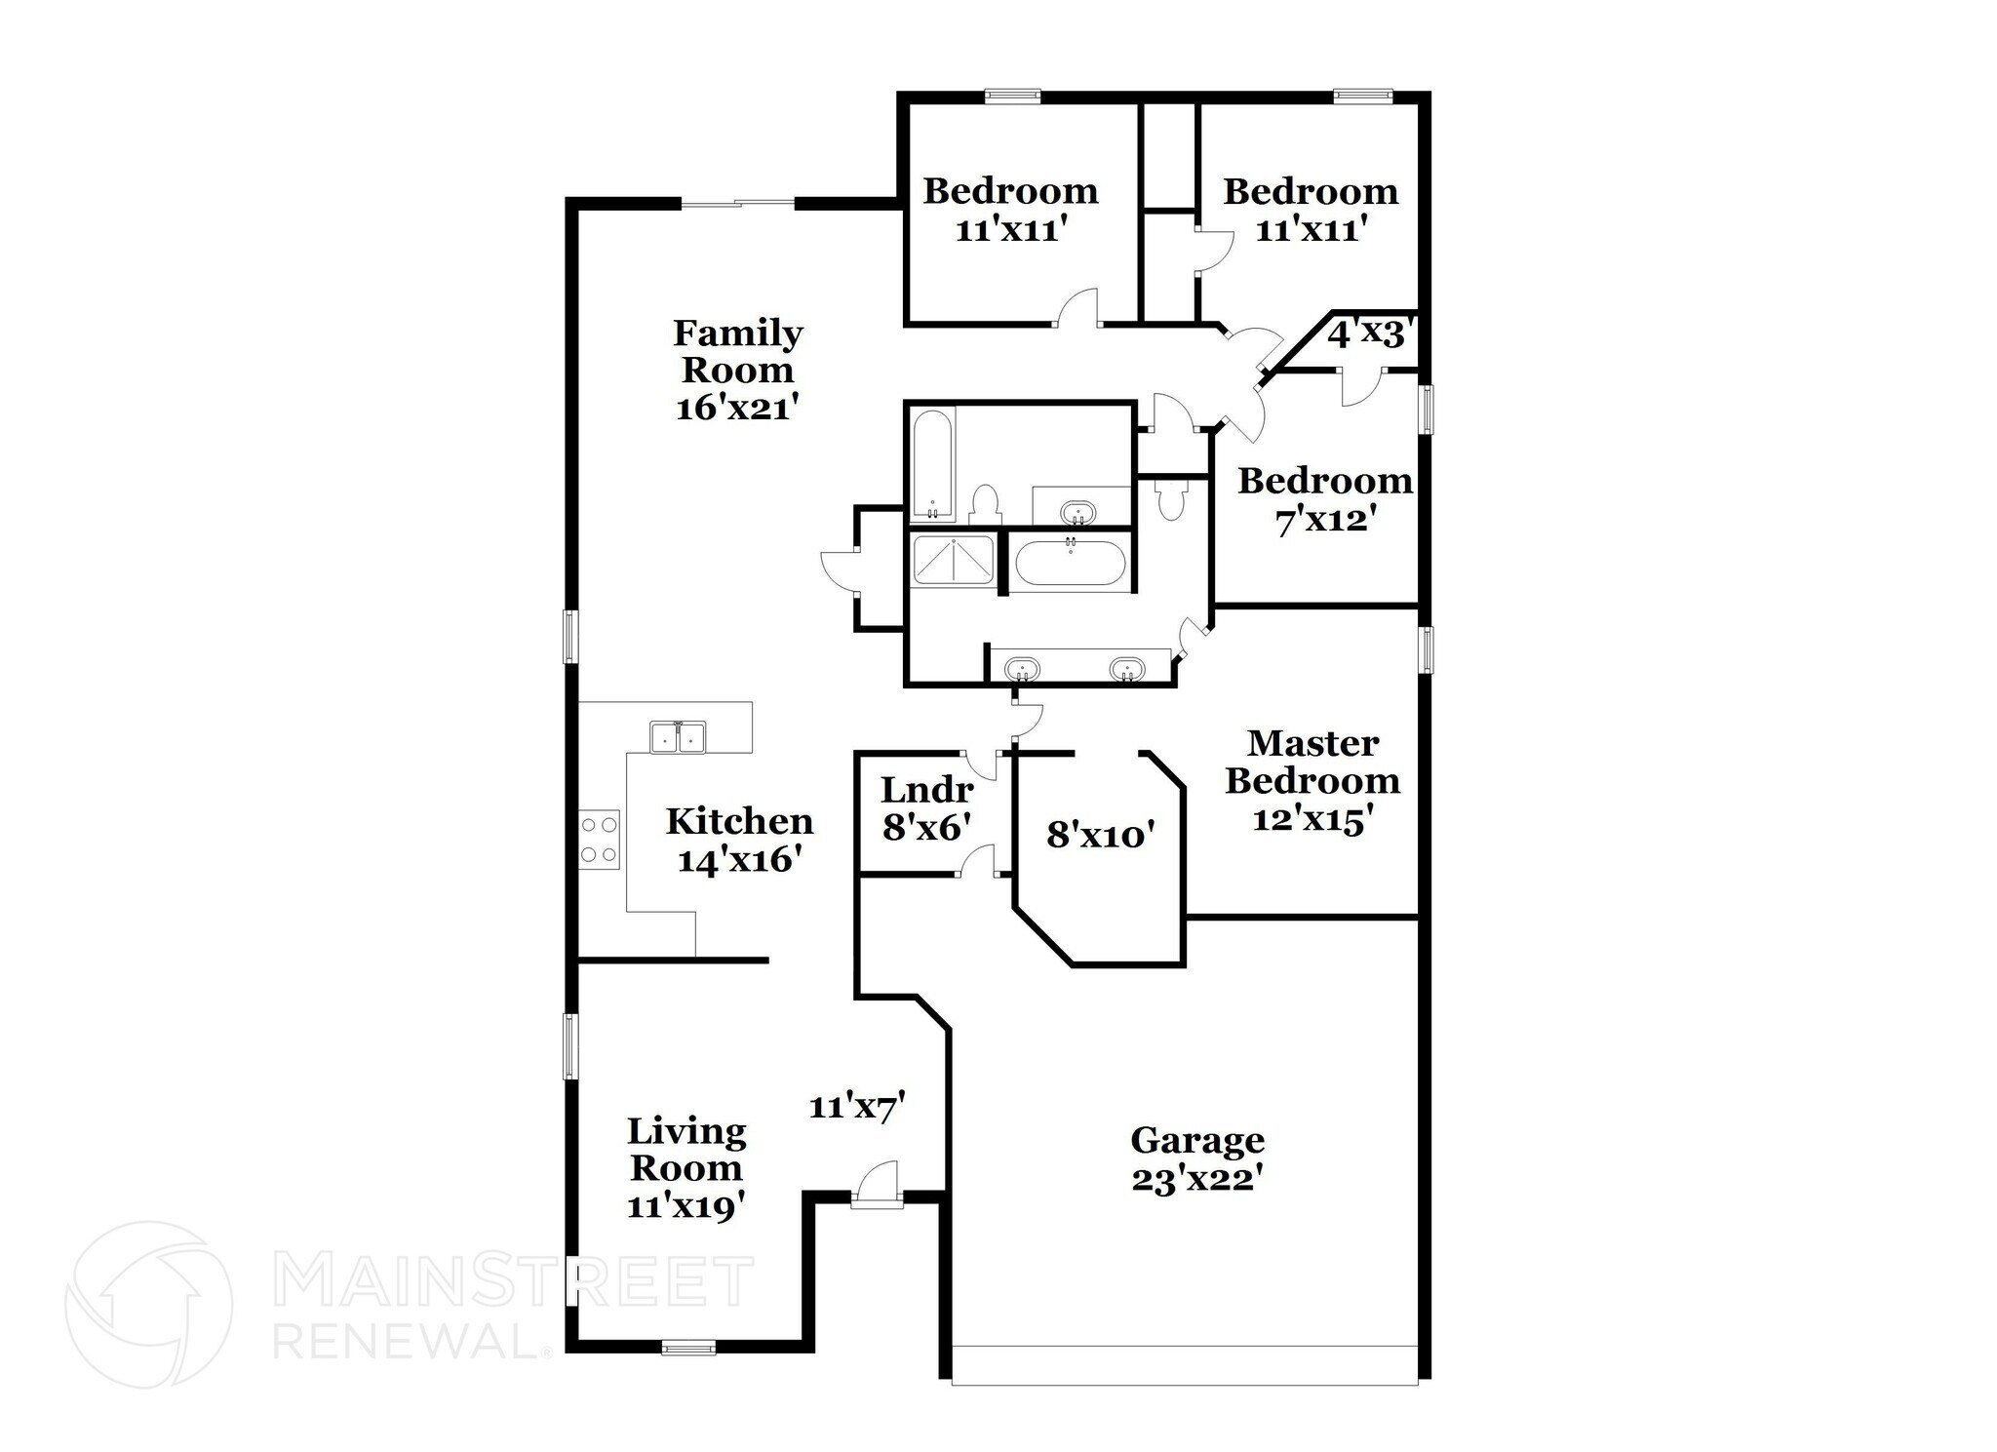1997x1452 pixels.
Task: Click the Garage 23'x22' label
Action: (x=1197, y=1158)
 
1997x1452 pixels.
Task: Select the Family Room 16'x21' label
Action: (x=738, y=370)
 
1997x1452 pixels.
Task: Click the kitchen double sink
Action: (x=678, y=738)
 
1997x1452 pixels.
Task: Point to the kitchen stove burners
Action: (x=600, y=840)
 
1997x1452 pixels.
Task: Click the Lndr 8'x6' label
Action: (x=926, y=808)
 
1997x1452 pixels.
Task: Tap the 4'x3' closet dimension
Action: (x=1367, y=334)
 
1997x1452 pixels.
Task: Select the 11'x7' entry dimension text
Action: (x=858, y=1107)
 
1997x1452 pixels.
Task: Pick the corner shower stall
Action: (x=953, y=561)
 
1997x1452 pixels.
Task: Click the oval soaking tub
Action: (x=1070, y=564)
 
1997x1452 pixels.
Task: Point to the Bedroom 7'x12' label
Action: (x=1325, y=500)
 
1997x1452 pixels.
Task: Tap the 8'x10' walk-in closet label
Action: (x=1100, y=835)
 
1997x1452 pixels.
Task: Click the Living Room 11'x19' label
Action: (x=686, y=1168)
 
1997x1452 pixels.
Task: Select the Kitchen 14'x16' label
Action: (x=739, y=840)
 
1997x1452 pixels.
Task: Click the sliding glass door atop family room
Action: (x=737, y=203)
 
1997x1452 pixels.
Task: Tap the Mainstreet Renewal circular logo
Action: (x=148, y=1305)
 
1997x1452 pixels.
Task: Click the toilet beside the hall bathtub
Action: (x=986, y=504)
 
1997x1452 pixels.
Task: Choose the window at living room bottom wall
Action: (x=688, y=1349)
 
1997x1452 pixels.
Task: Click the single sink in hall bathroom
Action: (x=1077, y=511)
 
